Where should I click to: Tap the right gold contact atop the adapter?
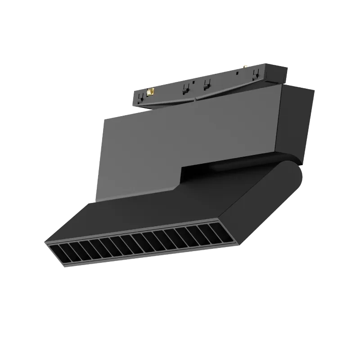pos(246,67)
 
